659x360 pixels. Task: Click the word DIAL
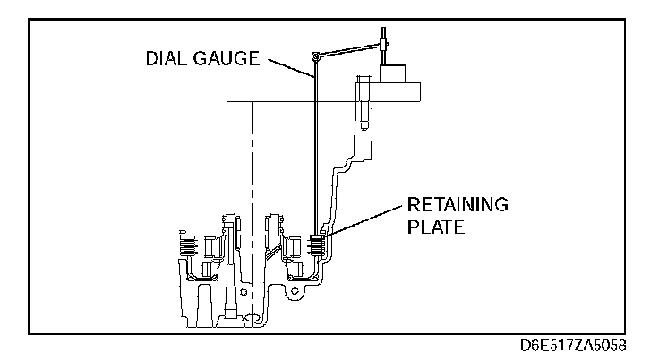pyautogui.click(x=165, y=58)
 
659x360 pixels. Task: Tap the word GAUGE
pyautogui.click(x=227, y=58)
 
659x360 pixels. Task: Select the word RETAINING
pyautogui.click(x=458, y=204)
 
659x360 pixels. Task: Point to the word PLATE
pyautogui.click(x=436, y=227)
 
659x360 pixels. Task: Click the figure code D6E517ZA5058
pyautogui.click(x=573, y=346)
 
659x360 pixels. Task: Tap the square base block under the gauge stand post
pyautogui.click(x=392, y=74)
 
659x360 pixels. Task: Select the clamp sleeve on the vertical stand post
pyautogui.click(x=384, y=43)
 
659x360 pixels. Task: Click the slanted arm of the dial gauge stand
pyautogui.click(x=350, y=49)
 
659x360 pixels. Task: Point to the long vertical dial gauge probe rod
pyautogui.click(x=315, y=147)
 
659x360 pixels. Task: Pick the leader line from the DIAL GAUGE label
pyautogui.click(x=291, y=68)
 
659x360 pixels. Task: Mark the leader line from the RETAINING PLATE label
pyautogui.click(x=362, y=222)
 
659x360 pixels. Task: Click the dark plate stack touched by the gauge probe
pyautogui.click(x=317, y=244)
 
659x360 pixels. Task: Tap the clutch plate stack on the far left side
pyautogui.click(x=188, y=244)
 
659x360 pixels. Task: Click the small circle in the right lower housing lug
pyautogui.click(x=295, y=291)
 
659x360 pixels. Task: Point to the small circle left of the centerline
pyautogui.click(x=244, y=292)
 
